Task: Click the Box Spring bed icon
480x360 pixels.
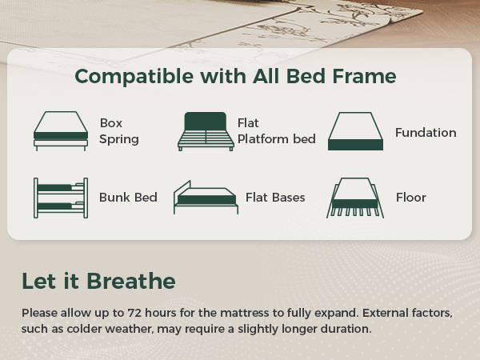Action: [x=61, y=131]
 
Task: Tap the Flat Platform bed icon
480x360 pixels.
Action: [x=206, y=131]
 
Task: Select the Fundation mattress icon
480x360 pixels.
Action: [x=355, y=131]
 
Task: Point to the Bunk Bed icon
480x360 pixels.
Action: [x=61, y=198]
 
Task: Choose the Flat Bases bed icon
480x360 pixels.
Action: [x=206, y=198]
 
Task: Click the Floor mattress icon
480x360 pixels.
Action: [x=355, y=198]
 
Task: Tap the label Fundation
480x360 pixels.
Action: [x=426, y=133]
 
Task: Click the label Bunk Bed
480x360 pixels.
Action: [x=128, y=198]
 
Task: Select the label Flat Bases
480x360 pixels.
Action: [x=275, y=198]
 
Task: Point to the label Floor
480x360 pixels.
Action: [x=411, y=198]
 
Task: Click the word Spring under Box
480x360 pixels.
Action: [x=119, y=139]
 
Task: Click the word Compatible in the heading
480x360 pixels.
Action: [x=134, y=77]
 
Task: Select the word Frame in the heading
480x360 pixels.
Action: [x=364, y=76]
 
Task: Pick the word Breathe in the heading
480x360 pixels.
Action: [x=131, y=281]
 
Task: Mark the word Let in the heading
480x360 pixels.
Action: [x=39, y=281]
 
